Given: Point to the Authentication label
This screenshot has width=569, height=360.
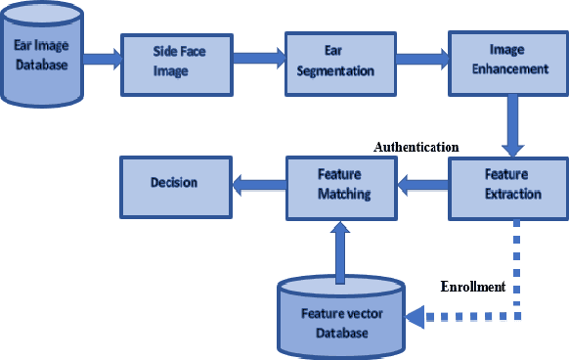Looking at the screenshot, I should (x=416, y=147).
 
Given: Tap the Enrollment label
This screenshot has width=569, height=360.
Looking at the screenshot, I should (x=471, y=288).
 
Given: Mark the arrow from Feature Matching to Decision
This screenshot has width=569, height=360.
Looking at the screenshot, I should (x=256, y=181).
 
